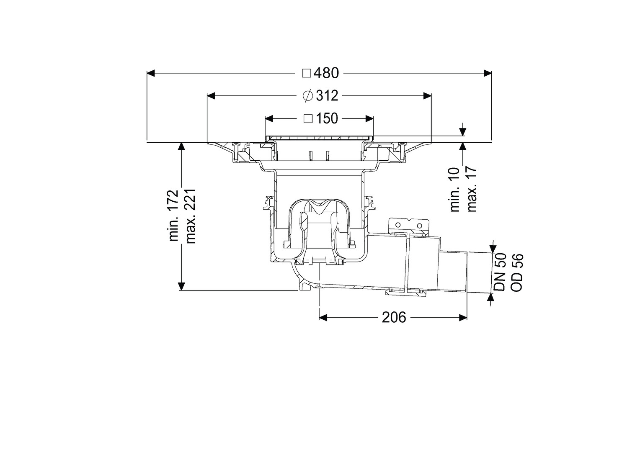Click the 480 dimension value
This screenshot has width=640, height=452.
click(326, 73)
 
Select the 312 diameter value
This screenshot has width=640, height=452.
click(327, 96)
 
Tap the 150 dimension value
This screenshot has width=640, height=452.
click(327, 118)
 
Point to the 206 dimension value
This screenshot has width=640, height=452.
click(394, 317)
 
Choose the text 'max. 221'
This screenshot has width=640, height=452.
click(190, 216)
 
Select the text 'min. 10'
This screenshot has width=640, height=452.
click(455, 190)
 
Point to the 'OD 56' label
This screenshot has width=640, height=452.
click(516, 273)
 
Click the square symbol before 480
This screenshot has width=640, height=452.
click(307, 73)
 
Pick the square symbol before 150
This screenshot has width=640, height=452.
click(308, 118)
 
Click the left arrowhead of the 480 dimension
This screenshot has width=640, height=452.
click(151, 73)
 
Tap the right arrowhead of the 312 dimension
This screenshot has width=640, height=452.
click(427, 96)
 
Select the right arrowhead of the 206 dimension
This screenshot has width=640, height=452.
click(463, 317)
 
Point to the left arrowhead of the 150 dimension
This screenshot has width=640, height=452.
click(269, 118)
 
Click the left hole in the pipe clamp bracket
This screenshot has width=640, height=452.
click(397, 225)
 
